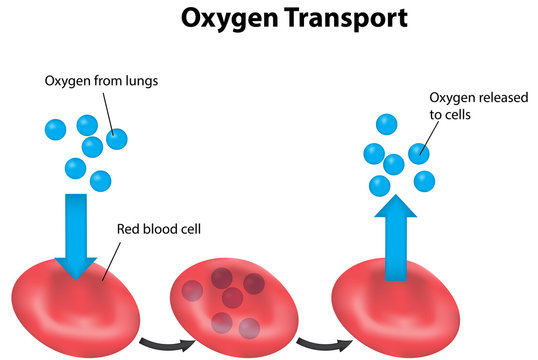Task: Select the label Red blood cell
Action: tap(161, 227)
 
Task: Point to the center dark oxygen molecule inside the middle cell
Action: tap(232, 298)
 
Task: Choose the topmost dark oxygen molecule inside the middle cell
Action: tap(222, 279)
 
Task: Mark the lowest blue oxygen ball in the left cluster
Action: tap(100, 181)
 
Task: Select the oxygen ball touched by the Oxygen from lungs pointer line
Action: tap(117, 139)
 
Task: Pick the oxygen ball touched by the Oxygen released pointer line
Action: tap(418, 153)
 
